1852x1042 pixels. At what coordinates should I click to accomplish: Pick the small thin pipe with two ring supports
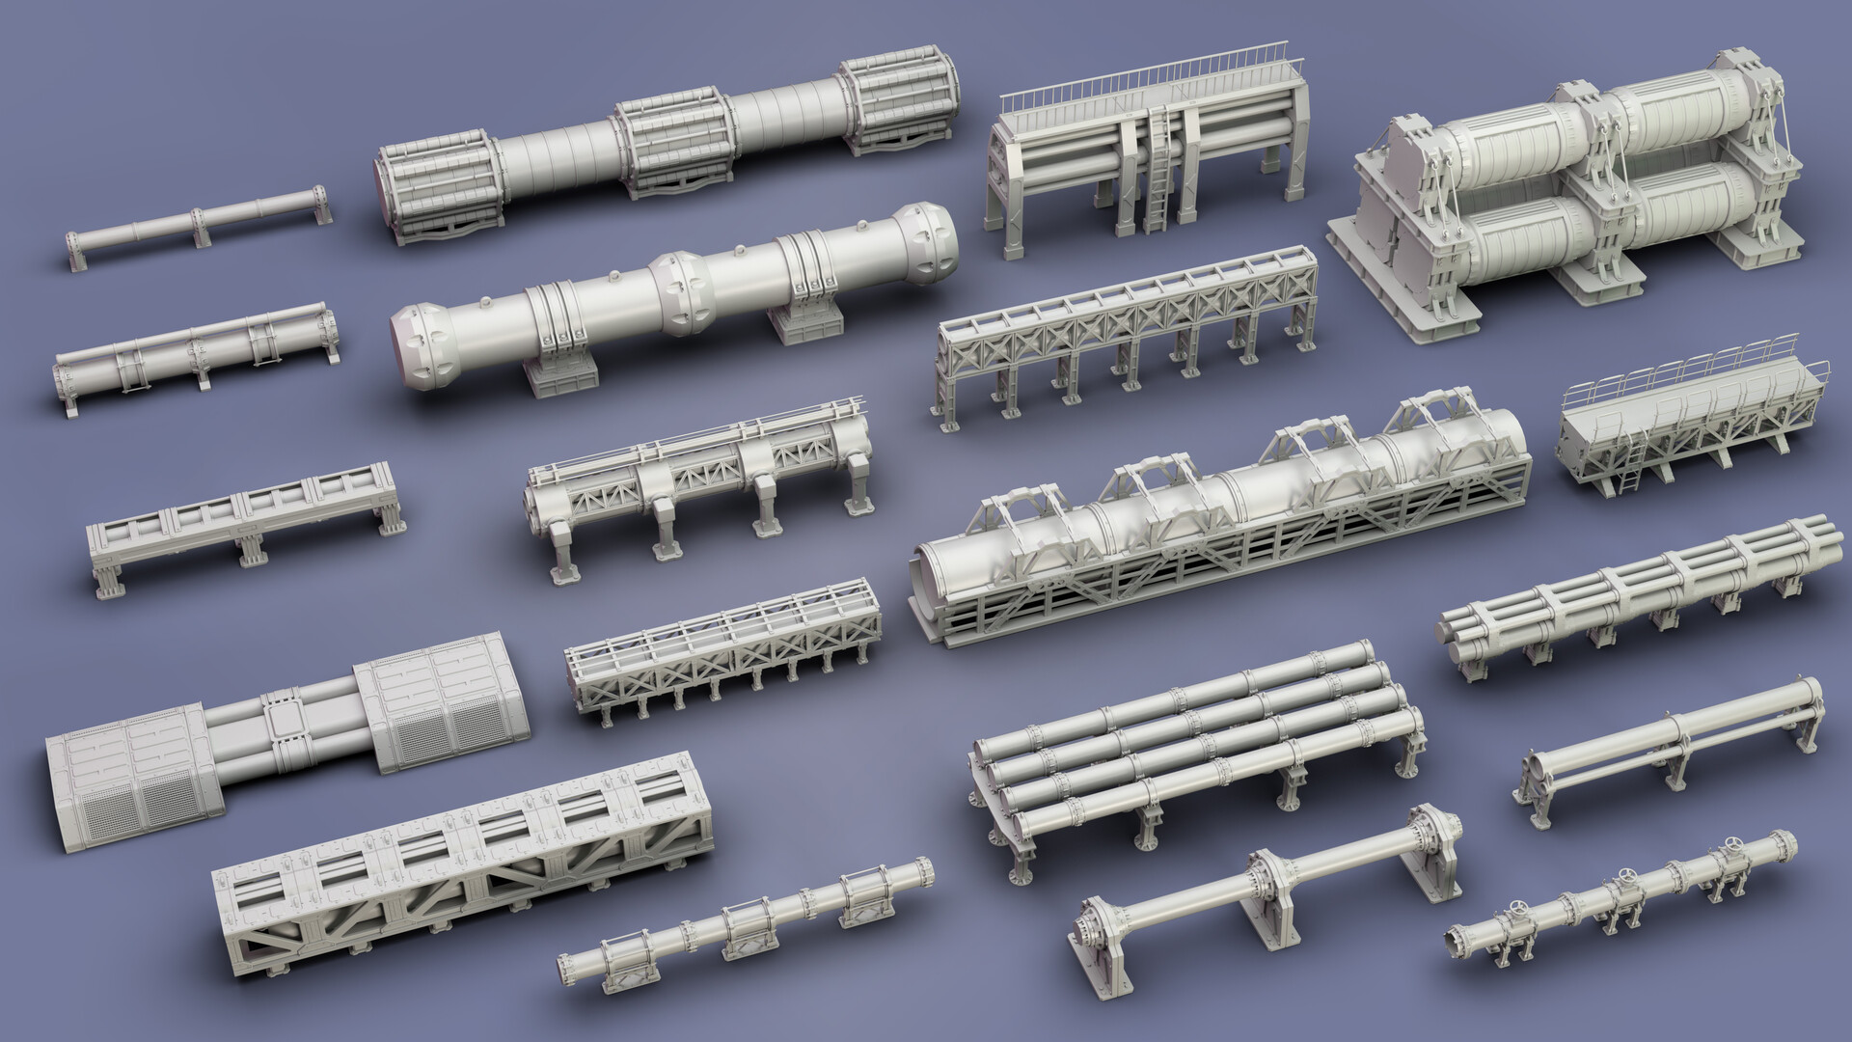(x=199, y=223)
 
